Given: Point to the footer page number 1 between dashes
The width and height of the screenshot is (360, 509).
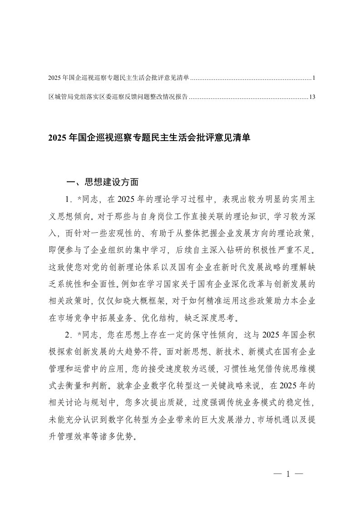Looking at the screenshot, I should tap(288, 475).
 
